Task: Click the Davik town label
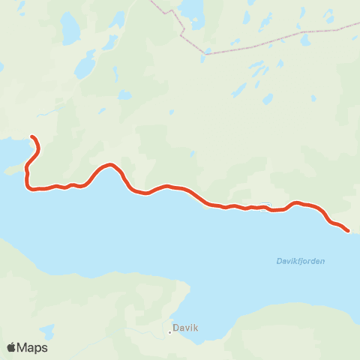(x=185, y=328)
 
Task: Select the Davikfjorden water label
(x=301, y=261)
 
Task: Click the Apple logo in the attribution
(x=12, y=347)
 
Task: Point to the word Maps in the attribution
(x=33, y=347)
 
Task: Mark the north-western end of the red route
(x=32, y=136)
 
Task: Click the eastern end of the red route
(x=347, y=231)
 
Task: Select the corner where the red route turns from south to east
(x=29, y=187)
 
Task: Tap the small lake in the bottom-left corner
(x=46, y=331)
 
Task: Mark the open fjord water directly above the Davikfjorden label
(x=300, y=240)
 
